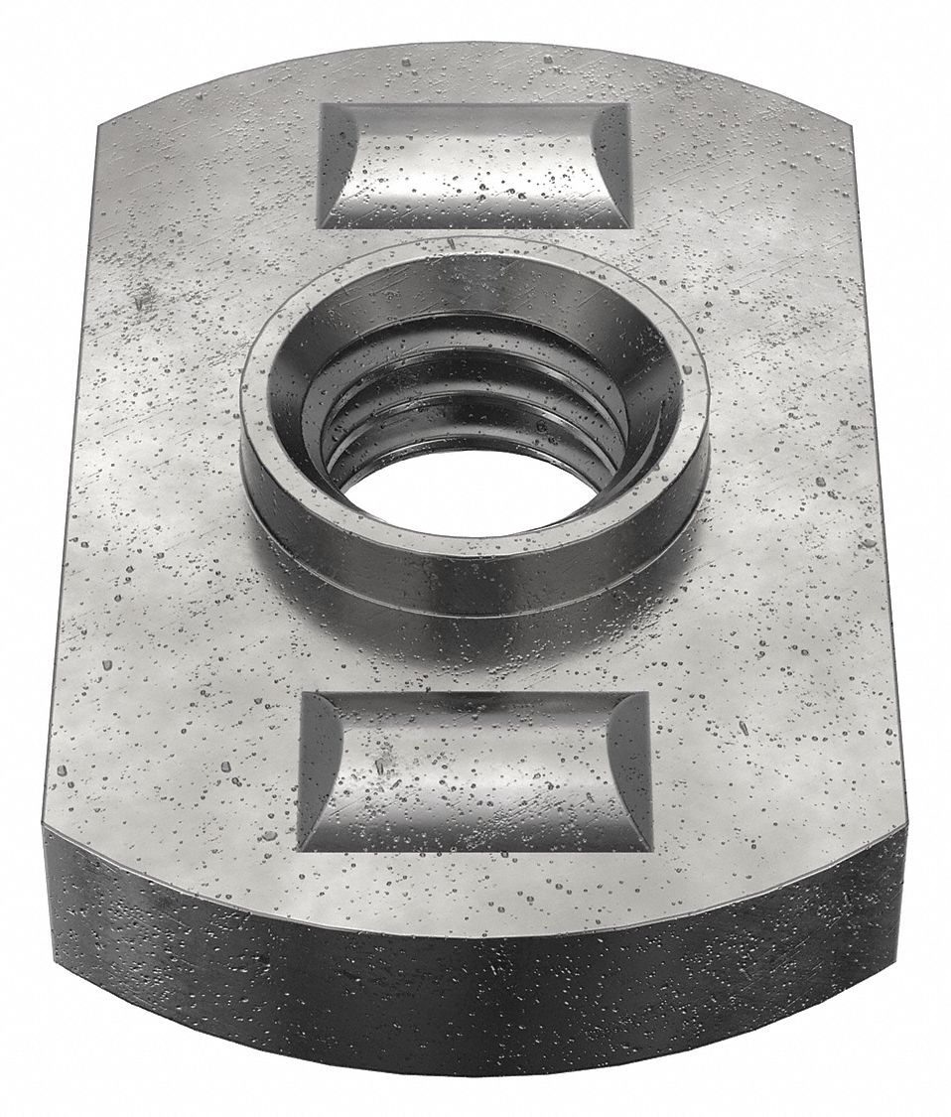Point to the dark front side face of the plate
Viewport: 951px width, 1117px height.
click(475, 1003)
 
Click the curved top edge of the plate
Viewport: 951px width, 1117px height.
click(475, 46)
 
